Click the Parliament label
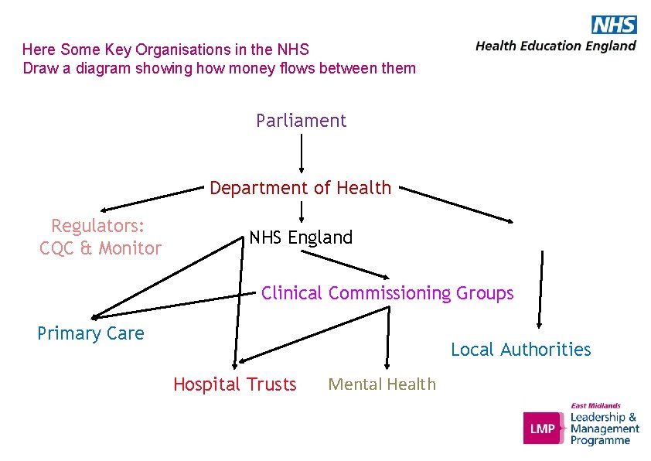coord(301,121)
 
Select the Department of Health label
coord(301,188)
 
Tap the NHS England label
coord(301,237)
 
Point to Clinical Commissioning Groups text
coord(387,293)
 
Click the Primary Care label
coord(90,333)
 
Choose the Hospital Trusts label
coord(234,384)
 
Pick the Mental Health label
coord(382,384)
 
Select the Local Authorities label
coord(520,350)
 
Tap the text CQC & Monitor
coord(101,248)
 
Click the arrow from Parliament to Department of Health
coord(302,154)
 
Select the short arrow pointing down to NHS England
coord(302,212)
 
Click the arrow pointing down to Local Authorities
coord(541,290)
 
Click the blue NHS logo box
coord(614,25)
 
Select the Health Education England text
coord(555,46)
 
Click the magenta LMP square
coord(542,427)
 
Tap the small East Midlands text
coord(595,405)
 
